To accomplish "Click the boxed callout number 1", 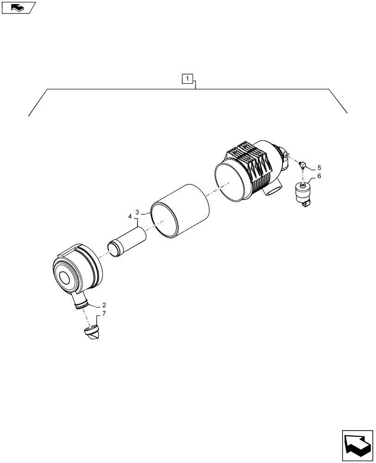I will pyautogui.click(x=187, y=78).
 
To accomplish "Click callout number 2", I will pyautogui.click(x=104, y=305).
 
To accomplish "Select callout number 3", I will pyautogui.click(x=137, y=213).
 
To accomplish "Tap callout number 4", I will pyautogui.click(x=130, y=216).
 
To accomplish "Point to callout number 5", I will pyautogui.click(x=319, y=167).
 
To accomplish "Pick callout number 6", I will pyautogui.click(x=319, y=176).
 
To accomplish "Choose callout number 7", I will pyautogui.click(x=104, y=314).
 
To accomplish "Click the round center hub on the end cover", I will pyautogui.click(x=64, y=279).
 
